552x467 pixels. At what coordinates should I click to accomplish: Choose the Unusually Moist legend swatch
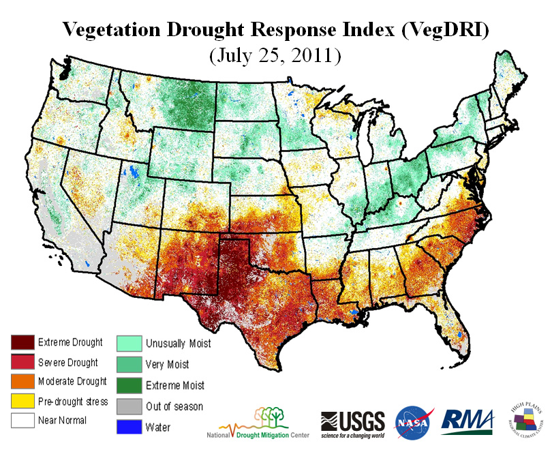pos(129,342)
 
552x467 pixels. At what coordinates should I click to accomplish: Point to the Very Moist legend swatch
pos(129,364)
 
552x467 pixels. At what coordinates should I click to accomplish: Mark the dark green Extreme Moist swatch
pos(129,385)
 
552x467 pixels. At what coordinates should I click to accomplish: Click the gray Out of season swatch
pos(129,406)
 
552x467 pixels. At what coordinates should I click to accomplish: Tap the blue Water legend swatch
pos(129,427)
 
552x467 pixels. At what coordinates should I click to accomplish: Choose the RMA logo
pos(468,421)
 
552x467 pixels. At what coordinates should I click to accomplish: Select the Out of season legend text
pos(174,406)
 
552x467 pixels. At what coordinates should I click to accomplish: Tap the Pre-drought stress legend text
pos(73,402)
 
